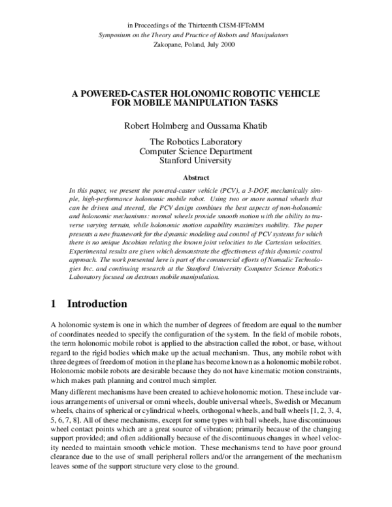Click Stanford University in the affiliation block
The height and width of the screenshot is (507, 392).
coord(195,161)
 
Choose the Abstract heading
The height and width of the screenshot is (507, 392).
coord(195,177)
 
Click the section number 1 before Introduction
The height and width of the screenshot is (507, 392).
coord(54,304)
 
